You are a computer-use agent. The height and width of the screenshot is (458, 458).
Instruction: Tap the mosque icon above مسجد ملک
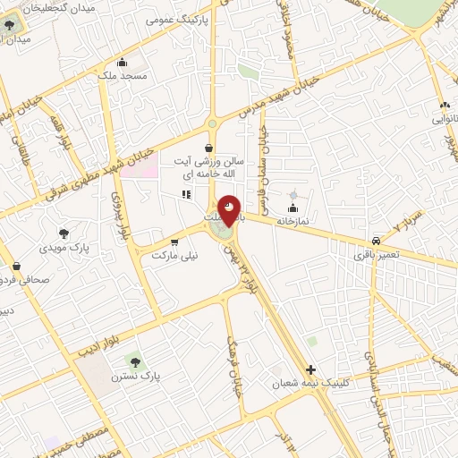(x=123, y=63)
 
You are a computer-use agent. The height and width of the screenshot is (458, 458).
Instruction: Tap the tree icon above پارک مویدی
(x=63, y=233)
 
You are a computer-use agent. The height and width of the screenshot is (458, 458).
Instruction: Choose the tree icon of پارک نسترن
(x=135, y=362)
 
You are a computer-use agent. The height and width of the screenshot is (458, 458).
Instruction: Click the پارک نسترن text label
(x=135, y=377)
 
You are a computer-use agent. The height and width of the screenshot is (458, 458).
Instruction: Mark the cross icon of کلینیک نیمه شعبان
(x=310, y=369)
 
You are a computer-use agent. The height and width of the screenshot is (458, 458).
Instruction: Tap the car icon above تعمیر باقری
(x=376, y=241)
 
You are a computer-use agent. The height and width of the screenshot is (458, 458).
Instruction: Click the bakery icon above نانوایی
(x=445, y=105)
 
